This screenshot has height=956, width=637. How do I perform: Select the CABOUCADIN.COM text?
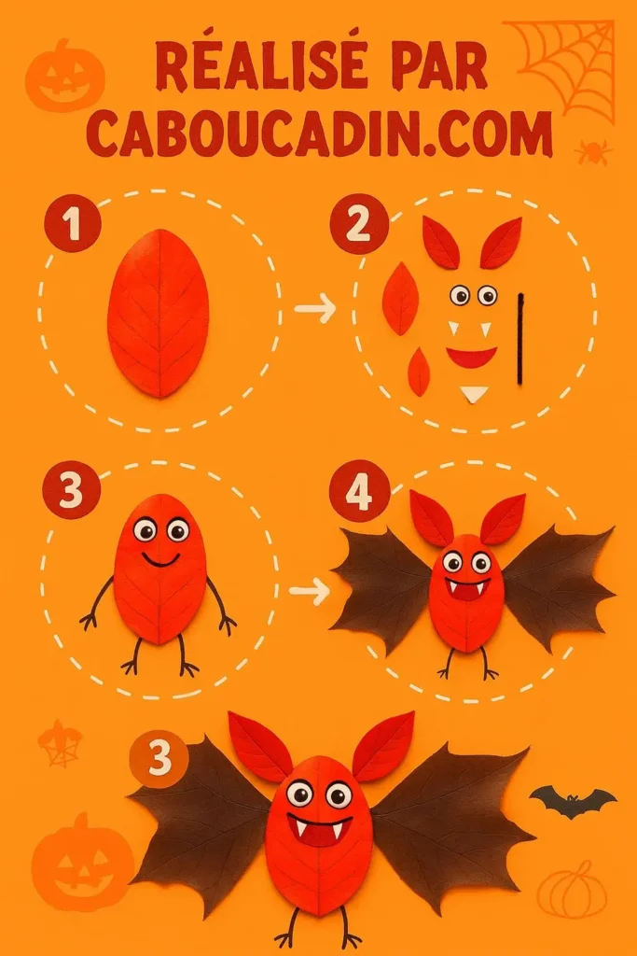coord(320,134)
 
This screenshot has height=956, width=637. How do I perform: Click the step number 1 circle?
coord(72,224)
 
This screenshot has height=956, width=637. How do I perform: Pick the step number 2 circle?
coord(358,224)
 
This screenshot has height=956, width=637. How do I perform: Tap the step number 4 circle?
coord(359,491)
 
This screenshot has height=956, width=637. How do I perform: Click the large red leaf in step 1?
coord(159,313)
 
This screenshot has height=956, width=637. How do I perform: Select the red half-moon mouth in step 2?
coord(471,357)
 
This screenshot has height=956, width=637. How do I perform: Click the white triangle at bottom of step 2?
coord(475,394)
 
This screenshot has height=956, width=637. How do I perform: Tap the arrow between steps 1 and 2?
coord(315,309)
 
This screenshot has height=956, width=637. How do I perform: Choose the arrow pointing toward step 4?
coord(310,590)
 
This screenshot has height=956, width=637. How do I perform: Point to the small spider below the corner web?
coord(593,151)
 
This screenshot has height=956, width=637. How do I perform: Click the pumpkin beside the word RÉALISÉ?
coord(64,75)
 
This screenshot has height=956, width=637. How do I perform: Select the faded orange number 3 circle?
coord(159,758)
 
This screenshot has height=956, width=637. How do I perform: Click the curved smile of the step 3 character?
coord(160,560)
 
